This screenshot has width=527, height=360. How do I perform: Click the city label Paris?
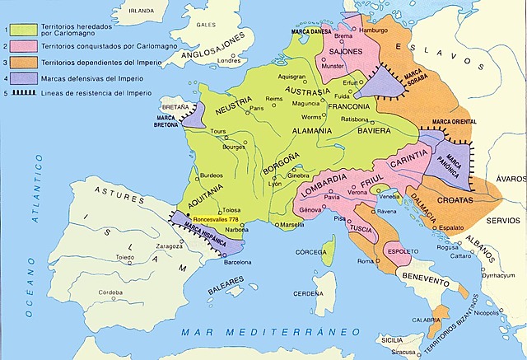(257, 109)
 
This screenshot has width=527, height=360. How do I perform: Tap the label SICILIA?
(391, 339)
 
